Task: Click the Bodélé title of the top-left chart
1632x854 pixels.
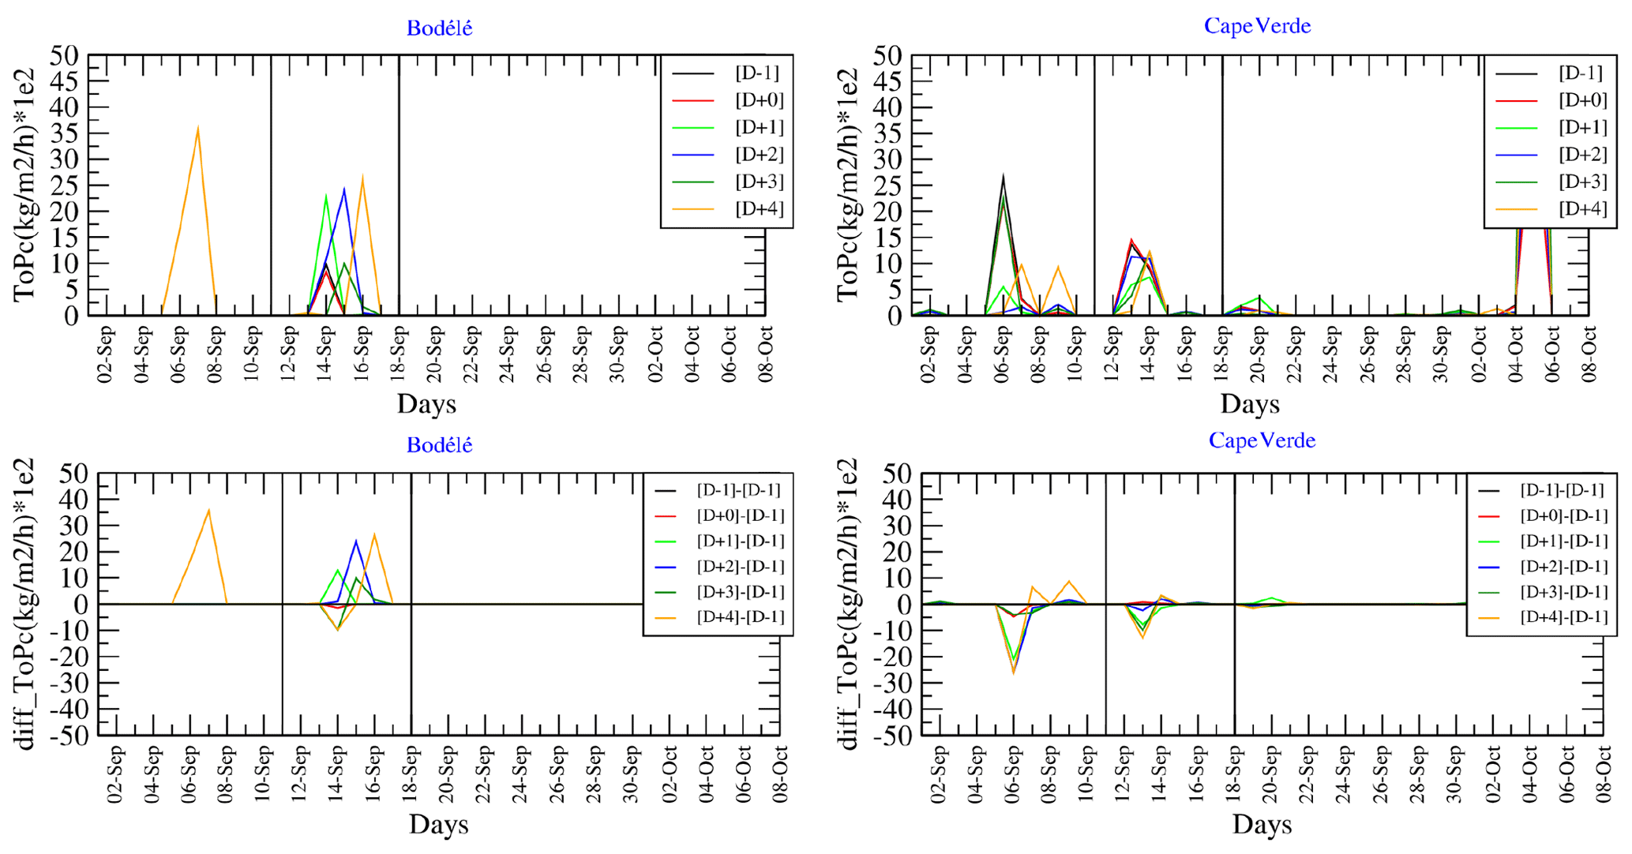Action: pyautogui.click(x=439, y=28)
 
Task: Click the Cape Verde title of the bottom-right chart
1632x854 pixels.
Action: pyautogui.click(x=1262, y=440)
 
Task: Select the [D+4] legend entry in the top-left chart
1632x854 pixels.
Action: pyautogui.click(x=759, y=209)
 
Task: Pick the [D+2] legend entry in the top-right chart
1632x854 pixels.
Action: pyautogui.click(x=1582, y=155)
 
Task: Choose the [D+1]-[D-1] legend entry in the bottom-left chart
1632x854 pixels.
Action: pyautogui.click(x=740, y=541)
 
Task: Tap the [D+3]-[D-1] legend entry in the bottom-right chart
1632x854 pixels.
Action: pyautogui.click(x=1563, y=592)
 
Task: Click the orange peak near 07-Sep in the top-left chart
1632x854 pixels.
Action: pyautogui.click(x=197, y=129)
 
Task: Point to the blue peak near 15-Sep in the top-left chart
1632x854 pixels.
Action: pyautogui.click(x=344, y=189)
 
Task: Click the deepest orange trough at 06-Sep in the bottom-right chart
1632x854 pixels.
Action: pyautogui.click(x=1014, y=672)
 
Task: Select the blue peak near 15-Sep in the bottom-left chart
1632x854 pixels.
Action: pyautogui.click(x=356, y=541)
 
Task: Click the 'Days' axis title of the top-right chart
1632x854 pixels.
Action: pyautogui.click(x=1249, y=404)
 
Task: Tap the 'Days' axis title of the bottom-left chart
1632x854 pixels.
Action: pyautogui.click(x=438, y=825)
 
